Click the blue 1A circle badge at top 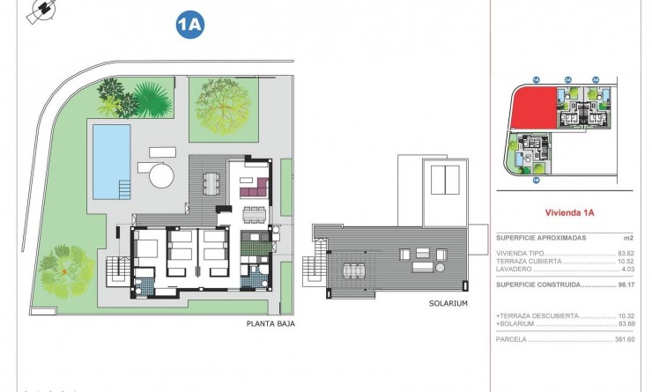click(x=189, y=26)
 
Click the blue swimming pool click(x=111, y=160)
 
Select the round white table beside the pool click(x=161, y=175)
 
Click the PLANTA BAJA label click(x=270, y=324)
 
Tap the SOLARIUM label click(x=449, y=304)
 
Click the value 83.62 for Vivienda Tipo click(x=626, y=254)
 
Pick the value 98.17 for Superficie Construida click(x=626, y=285)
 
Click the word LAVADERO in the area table click(x=514, y=270)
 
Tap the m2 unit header click(x=628, y=238)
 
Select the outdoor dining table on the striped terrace click(x=211, y=182)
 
